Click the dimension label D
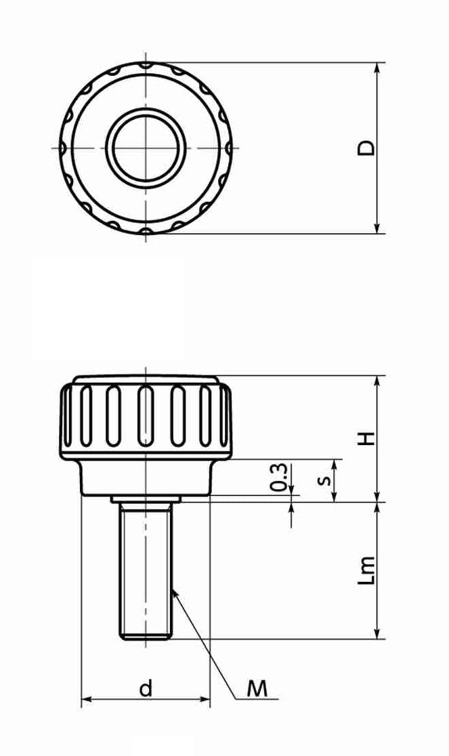point(366,148)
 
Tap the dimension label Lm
point(366,570)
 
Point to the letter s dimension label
point(326,480)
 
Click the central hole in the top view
point(146,148)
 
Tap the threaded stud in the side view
point(146,571)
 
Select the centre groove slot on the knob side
point(146,416)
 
